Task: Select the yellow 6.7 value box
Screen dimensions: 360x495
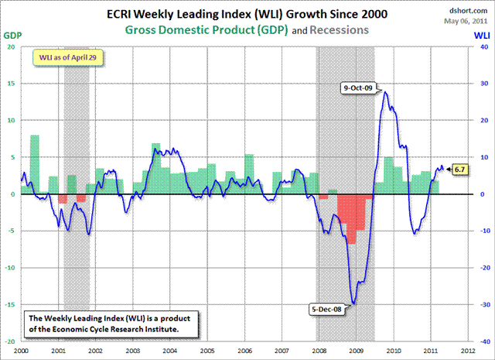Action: pyautogui.click(x=459, y=169)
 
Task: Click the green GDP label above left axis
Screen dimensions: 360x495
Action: pyautogui.click(x=12, y=36)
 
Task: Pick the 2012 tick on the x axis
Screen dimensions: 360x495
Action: pyautogui.click(x=466, y=351)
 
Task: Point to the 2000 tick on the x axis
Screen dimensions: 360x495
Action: pyautogui.click(x=23, y=351)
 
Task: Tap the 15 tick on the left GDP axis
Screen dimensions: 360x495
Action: pyautogui.click(x=12, y=84)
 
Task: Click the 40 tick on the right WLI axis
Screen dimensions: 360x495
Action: pyautogui.click(x=478, y=46)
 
